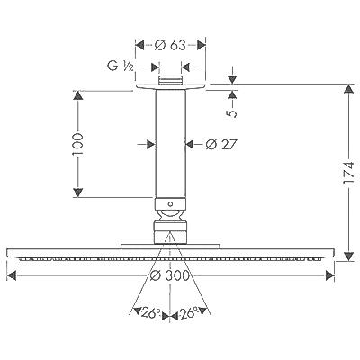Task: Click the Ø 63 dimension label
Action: point(170,46)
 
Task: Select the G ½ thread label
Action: point(121,66)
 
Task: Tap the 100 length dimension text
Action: point(77,144)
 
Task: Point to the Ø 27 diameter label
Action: point(221,145)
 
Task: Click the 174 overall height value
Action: point(348,172)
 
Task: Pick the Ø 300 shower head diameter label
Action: point(170,275)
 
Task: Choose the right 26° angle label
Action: point(189,313)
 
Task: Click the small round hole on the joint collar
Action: point(170,204)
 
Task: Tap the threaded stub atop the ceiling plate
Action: point(170,80)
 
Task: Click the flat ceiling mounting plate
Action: point(170,86)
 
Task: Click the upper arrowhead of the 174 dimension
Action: point(348,89)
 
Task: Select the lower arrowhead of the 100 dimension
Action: point(77,193)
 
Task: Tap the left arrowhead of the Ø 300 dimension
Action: point(12,275)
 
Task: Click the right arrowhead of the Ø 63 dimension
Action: point(201,45)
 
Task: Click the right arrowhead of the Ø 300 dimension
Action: point(329,275)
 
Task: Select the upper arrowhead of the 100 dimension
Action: point(77,96)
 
